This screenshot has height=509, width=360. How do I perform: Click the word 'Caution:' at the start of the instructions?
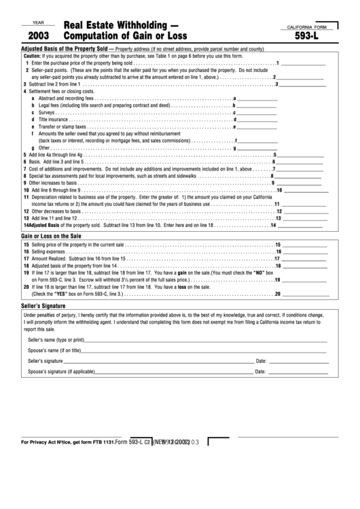tap(32, 56)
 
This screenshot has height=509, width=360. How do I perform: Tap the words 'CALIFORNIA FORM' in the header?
tap(306, 26)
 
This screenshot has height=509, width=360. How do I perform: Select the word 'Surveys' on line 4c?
tap(48, 112)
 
